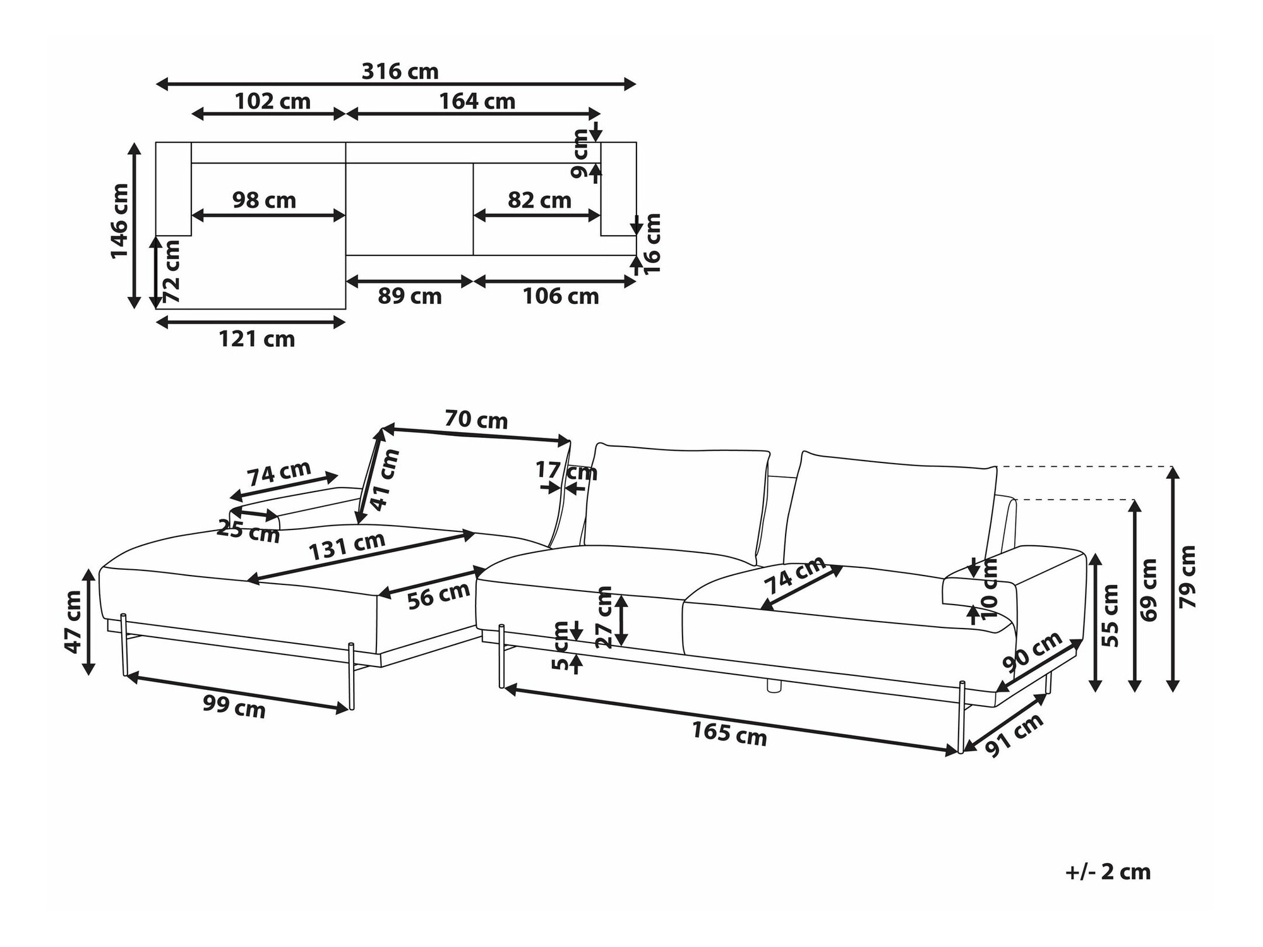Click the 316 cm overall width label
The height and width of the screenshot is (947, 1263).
tap(400, 71)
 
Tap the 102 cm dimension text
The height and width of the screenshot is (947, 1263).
tap(272, 101)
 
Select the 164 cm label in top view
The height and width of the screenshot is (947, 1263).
tap(477, 101)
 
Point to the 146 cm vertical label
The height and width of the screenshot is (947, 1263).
tap(119, 221)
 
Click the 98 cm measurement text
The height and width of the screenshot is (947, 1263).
tap(264, 200)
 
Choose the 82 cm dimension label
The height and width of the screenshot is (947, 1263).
tap(539, 200)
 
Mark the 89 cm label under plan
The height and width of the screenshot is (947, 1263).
tap(410, 296)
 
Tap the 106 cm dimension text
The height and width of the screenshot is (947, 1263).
tap(560, 296)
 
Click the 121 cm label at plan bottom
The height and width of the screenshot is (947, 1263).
tap(256, 339)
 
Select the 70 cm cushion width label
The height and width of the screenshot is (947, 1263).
tap(476, 419)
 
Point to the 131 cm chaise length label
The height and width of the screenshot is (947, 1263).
tap(347, 545)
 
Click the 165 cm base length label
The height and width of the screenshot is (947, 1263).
tap(729, 733)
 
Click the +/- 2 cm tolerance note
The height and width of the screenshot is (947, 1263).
tap(1108, 872)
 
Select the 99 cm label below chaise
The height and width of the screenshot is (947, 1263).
tap(234, 706)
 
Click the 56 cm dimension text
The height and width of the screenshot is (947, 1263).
tap(438, 595)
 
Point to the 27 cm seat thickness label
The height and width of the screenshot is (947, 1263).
tap(604, 617)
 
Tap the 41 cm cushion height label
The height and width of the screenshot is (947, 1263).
tap(385, 480)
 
